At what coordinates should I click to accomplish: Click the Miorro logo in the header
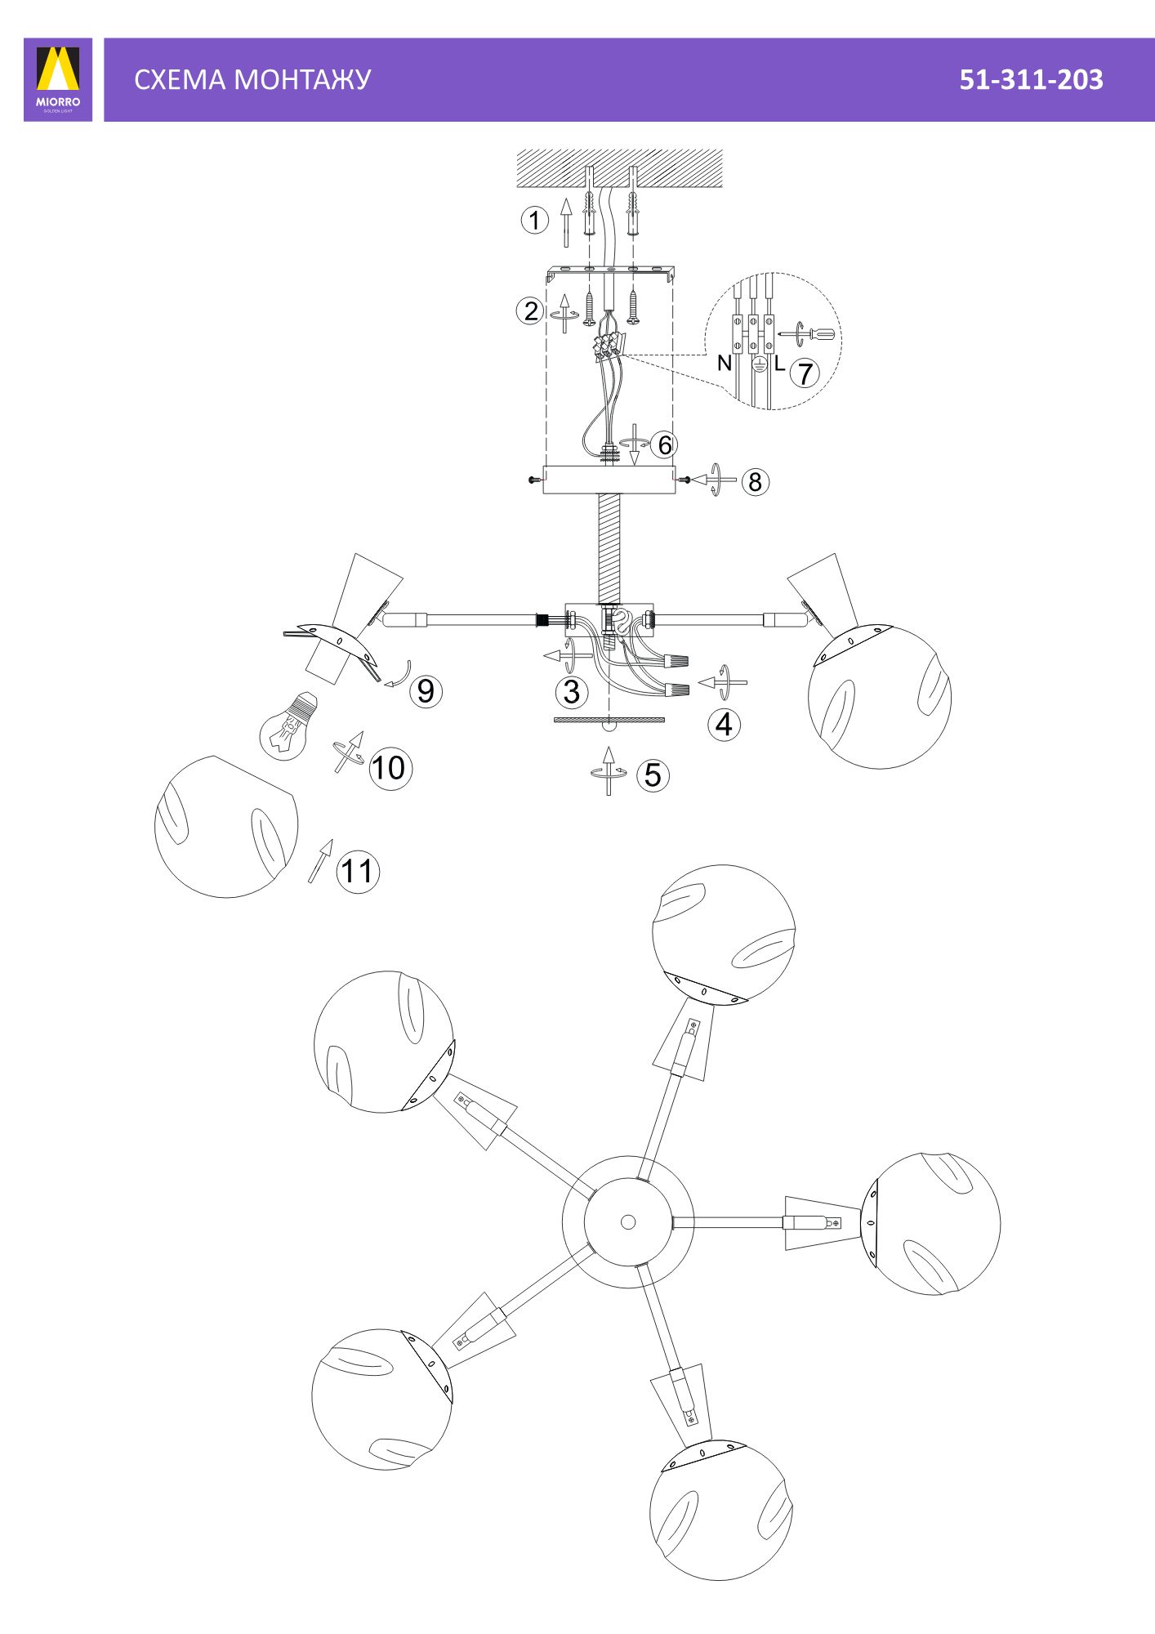click(x=58, y=79)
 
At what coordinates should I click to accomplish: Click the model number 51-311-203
click(x=1031, y=79)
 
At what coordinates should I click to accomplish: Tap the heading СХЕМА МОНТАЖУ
click(x=252, y=79)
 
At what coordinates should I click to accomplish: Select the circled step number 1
click(x=535, y=220)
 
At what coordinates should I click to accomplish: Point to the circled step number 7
click(x=805, y=373)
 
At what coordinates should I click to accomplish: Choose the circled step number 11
click(x=358, y=871)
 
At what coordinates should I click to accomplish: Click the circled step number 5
click(x=653, y=775)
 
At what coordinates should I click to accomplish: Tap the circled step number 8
click(x=756, y=482)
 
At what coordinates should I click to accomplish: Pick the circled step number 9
click(x=426, y=691)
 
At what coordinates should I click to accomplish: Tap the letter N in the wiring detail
click(x=724, y=363)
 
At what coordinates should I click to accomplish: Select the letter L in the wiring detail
click(x=779, y=364)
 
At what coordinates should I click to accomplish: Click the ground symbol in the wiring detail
click(x=759, y=365)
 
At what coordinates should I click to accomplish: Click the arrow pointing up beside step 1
click(x=565, y=221)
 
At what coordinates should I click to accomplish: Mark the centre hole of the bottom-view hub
click(x=628, y=1222)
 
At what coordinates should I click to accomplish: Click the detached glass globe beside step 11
click(x=226, y=827)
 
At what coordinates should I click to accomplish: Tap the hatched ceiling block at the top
click(x=620, y=168)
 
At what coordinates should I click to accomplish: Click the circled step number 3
click(x=572, y=692)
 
